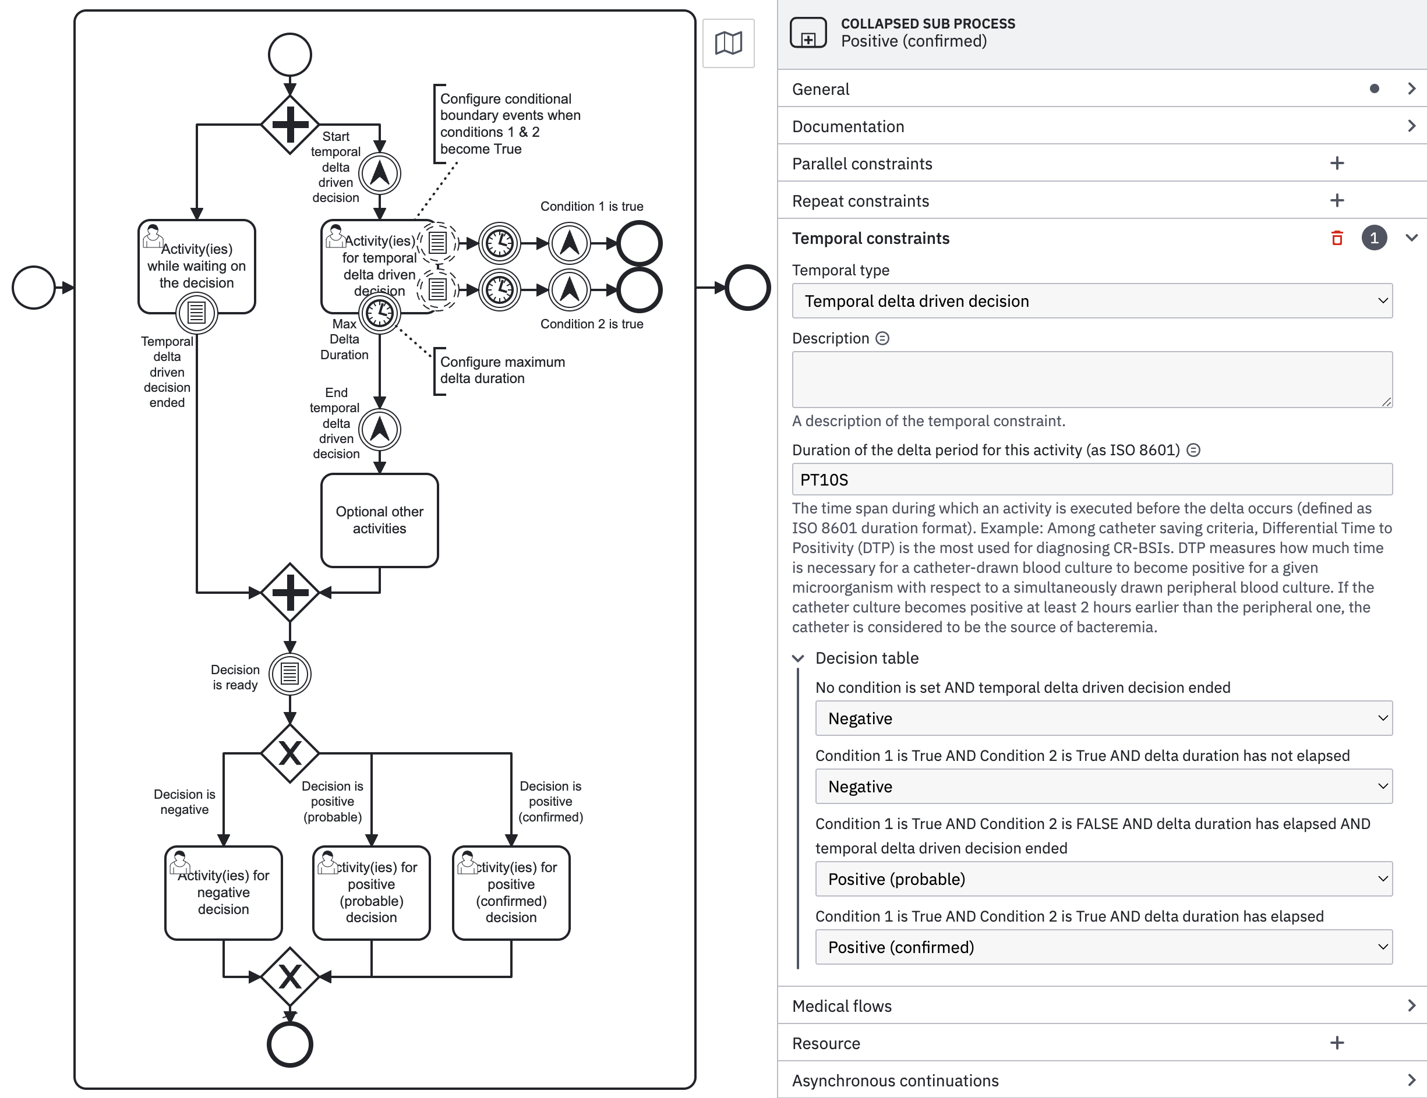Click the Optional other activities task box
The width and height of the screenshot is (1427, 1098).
point(379,520)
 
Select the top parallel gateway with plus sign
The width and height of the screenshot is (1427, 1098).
point(289,124)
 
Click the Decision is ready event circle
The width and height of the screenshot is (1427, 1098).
point(289,674)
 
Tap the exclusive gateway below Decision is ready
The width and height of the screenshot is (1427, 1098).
point(289,753)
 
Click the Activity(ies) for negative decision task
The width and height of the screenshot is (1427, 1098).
point(224,892)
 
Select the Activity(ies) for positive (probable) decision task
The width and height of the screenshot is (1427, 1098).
point(371,892)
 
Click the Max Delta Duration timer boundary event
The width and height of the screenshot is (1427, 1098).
point(379,314)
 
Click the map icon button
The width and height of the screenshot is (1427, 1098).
point(728,43)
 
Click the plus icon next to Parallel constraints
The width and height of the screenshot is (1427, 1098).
point(1337,163)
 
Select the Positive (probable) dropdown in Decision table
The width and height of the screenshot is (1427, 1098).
point(1103,879)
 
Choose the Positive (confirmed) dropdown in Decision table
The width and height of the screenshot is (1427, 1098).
point(1103,947)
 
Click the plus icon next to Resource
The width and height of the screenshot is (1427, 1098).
point(1337,1043)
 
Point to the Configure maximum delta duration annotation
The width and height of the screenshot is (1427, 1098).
point(502,370)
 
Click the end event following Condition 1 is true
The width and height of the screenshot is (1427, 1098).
point(639,243)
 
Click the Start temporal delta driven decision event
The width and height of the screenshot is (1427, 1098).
point(379,173)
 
